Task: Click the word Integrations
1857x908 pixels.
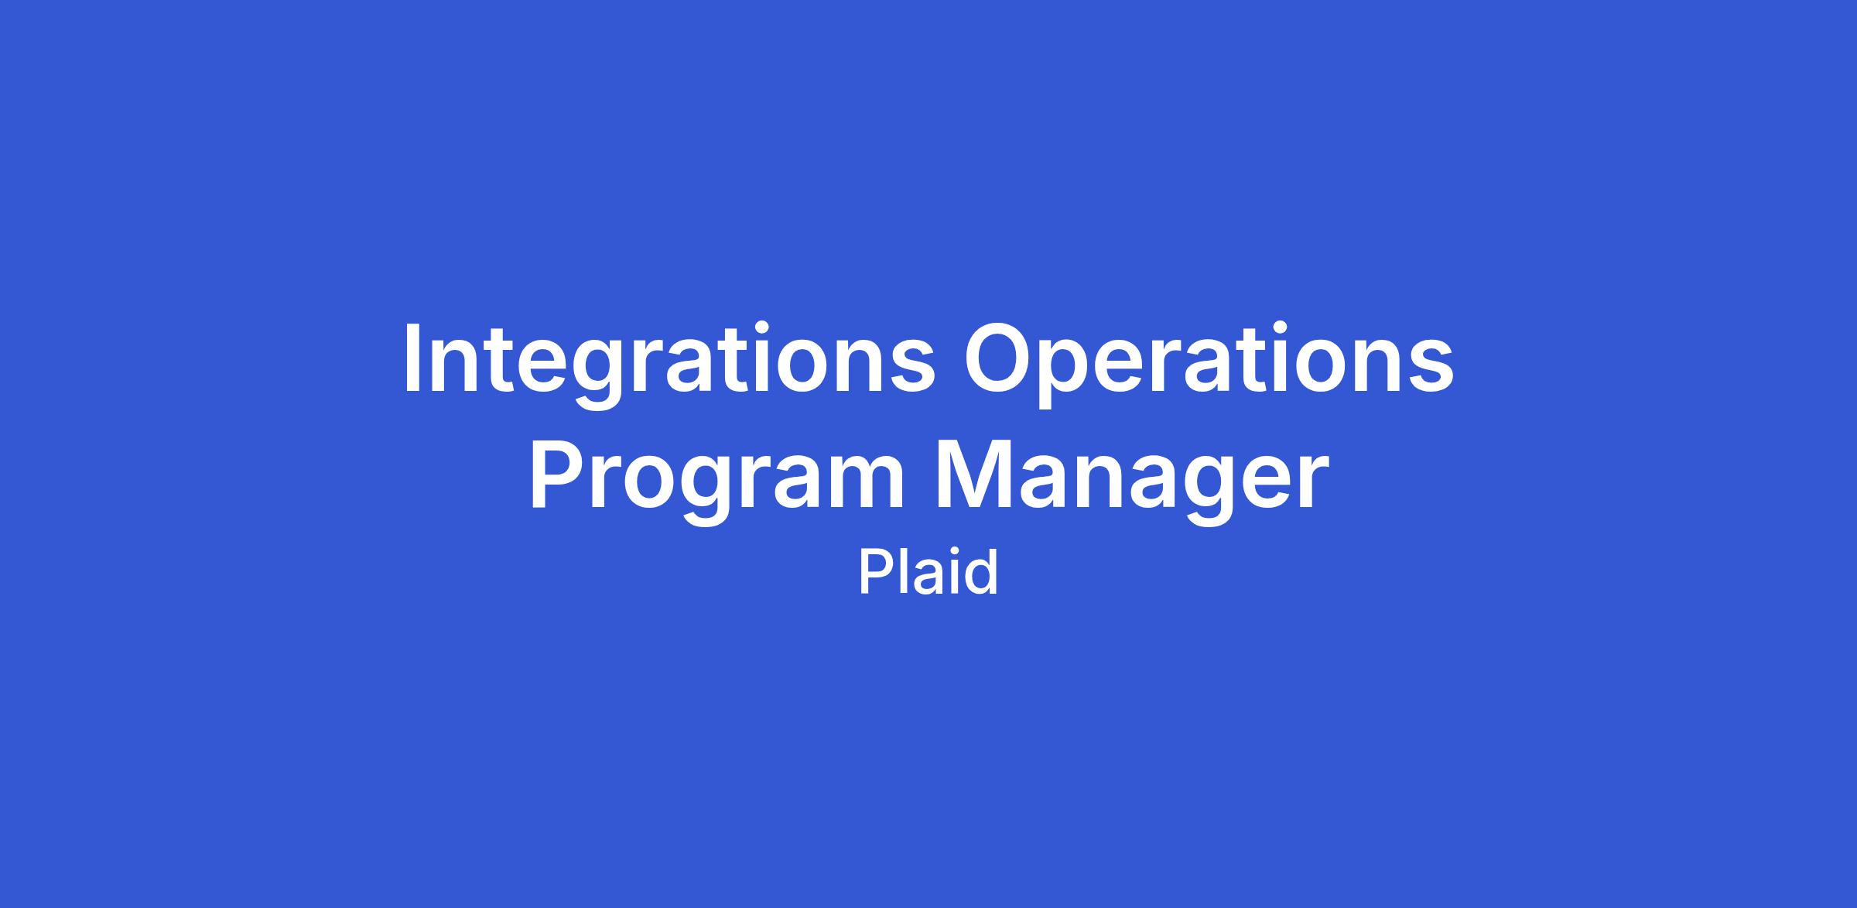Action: pos(669,363)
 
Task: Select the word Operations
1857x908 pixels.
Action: pos(1208,361)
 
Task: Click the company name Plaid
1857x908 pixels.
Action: pos(929,572)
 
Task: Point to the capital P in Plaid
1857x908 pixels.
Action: pos(874,571)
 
